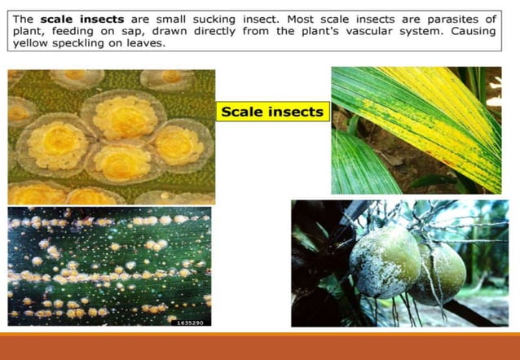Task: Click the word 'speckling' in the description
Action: pyautogui.click(x=88, y=44)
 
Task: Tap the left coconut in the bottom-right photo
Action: pyautogui.click(x=384, y=260)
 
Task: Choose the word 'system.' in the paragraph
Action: pyautogui.click(x=424, y=31)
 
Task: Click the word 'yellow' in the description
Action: pyautogui.click(x=33, y=44)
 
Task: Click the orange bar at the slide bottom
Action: pyautogui.click(x=260, y=345)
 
